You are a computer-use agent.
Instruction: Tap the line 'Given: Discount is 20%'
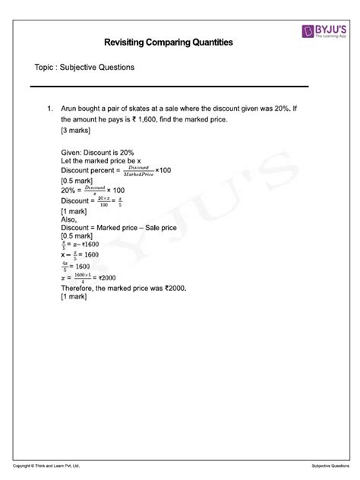[x=97, y=153]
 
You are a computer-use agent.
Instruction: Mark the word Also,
[x=67, y=217]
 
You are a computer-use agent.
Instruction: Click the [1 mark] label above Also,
[x=74, y=209]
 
